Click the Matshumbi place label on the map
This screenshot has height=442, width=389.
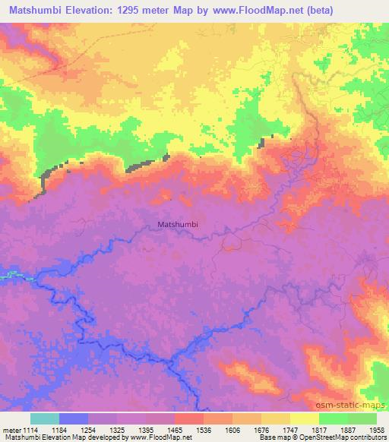point(182,224)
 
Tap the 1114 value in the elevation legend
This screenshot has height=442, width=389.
point(31,429)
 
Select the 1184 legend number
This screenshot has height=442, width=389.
point(61,429)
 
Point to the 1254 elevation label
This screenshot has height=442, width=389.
point(89,429)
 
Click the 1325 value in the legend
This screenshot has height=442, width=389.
point(118,429)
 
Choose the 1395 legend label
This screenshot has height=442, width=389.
point(147,429)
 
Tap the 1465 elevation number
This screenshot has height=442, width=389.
point(176,429)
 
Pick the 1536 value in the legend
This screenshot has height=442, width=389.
point(204,429)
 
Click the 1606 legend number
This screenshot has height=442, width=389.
point(233,429)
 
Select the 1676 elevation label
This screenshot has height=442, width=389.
point(262,429)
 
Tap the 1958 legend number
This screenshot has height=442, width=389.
point(376,429)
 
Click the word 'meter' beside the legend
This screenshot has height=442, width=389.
point(11,429)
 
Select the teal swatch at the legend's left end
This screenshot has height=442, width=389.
point(45,418)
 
